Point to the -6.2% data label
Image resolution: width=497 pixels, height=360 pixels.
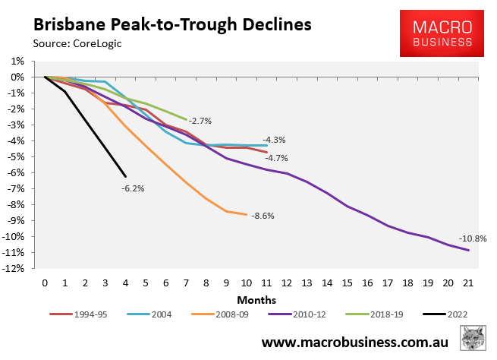coord(132,188)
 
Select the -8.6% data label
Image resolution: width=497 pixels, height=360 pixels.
coord(262,216)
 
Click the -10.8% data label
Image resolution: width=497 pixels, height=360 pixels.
coord(471,238)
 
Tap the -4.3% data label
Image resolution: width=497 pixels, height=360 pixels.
coord(274,140)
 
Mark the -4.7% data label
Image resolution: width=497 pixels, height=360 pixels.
coord(275,158)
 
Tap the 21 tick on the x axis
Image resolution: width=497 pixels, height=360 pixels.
coord(467,283)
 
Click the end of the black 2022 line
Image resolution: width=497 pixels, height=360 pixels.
coord(125,176)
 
